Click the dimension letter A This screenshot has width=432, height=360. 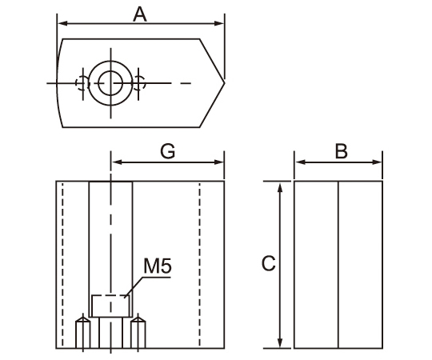[x=140, y=14]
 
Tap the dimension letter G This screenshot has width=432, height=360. [x=168, y=152]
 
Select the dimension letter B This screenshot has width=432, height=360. [x=341, y=151]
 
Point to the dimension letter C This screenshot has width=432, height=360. [x=268, y=263]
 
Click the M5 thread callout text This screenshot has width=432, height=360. [x=158, y=266]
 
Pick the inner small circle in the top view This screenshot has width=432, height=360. [x=110, y=83]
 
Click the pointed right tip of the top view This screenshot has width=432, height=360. [x=224, y=83]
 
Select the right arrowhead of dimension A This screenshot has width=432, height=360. [x=219, y=23]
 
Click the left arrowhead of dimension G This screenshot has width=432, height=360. [x=117, y=162]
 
